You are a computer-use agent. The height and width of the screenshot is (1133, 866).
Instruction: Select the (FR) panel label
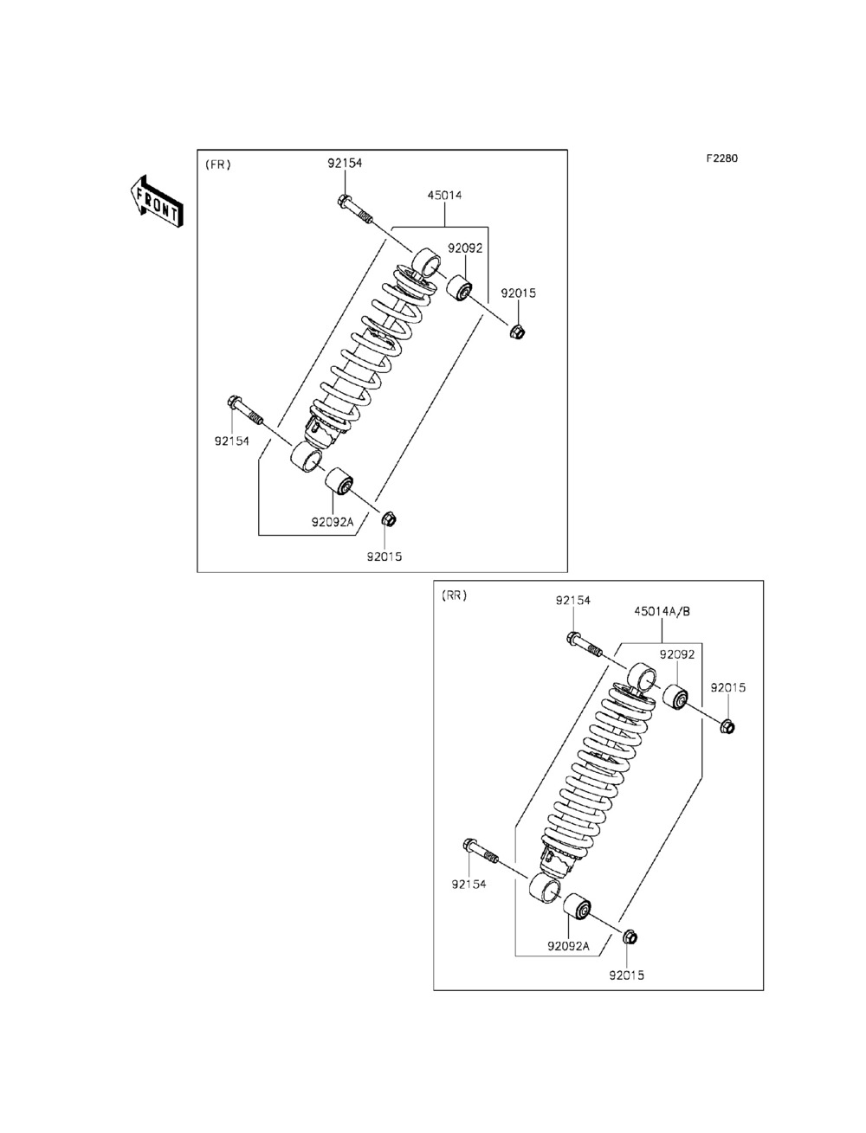point(217,164)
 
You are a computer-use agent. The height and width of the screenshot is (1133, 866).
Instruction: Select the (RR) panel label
point(454,595)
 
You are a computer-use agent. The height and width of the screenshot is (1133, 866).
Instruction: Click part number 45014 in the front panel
point(443,196)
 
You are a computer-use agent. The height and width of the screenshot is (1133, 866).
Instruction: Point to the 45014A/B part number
point(662,611)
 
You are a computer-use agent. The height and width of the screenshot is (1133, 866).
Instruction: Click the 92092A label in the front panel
point(333,522)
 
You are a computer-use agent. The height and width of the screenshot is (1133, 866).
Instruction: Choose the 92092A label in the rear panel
point(568,946)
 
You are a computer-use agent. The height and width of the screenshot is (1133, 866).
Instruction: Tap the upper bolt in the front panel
point(355,209)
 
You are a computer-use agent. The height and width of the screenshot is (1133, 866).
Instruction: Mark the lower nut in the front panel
point(390,518)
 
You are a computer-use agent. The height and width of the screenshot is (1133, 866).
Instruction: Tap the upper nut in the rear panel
point(727,726)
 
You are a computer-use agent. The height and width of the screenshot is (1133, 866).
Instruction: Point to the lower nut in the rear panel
point(630,937)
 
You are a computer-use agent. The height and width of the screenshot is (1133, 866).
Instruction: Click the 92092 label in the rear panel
point(676,655)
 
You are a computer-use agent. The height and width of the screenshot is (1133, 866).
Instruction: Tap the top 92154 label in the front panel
point(344,164)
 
